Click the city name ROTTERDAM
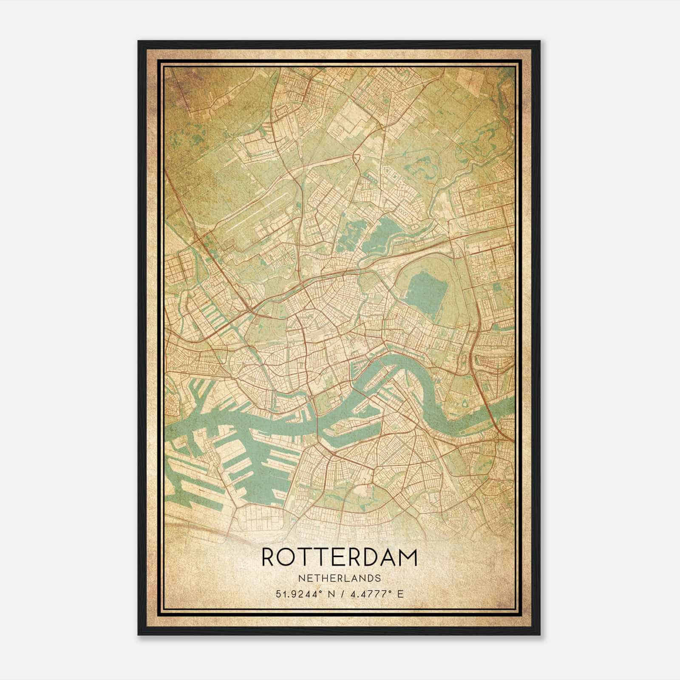click(340, 557)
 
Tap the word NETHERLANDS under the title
click(340, 578)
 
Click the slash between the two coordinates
click(339, 594)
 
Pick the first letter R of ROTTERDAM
click(269, 557)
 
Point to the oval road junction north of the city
click(356, 159)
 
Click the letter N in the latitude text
click(327, 594)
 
